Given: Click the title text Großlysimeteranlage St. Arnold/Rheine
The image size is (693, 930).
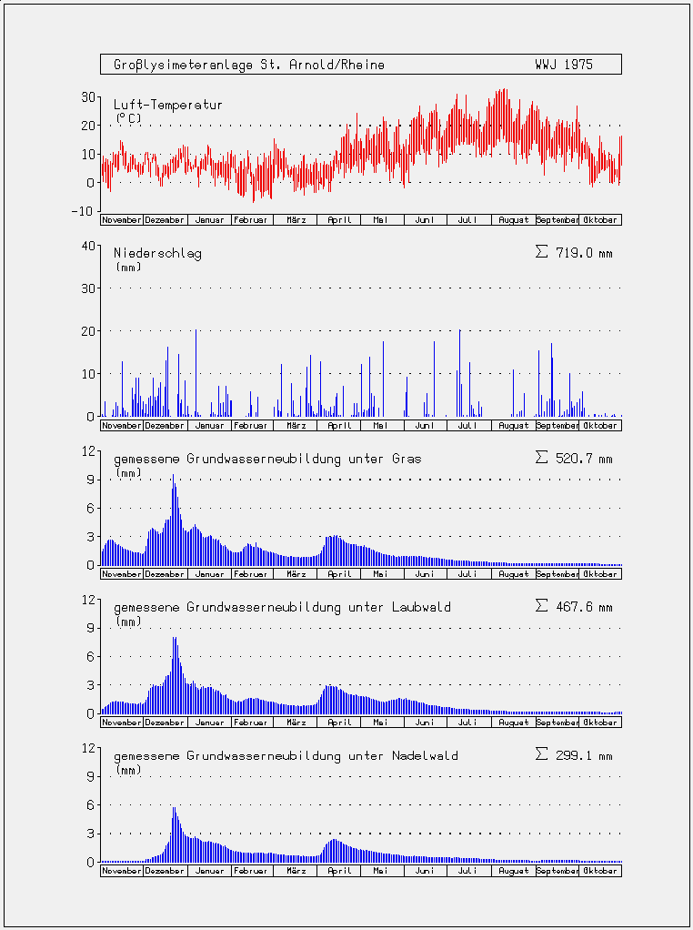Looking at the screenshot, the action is coord(249,65).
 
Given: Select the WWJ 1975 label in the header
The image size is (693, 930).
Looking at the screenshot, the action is coord(564,65).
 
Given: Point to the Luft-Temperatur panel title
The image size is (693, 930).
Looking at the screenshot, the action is coord(167,105).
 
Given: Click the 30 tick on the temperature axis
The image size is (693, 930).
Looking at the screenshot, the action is coord(87,96).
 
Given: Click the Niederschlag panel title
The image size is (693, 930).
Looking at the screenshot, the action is coord(157,254).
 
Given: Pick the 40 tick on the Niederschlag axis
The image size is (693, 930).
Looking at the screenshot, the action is coord(87,246).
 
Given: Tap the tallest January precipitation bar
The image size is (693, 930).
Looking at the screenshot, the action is coord(196,372).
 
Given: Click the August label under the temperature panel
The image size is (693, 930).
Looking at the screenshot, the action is coord(513,220).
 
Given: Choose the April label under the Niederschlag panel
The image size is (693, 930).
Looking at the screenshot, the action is coord(339,426).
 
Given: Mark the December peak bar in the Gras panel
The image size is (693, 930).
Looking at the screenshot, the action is coord(173,520).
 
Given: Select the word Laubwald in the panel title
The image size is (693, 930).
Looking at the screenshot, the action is coord(421,608).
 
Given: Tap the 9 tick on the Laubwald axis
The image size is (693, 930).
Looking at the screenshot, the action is coord(91,628).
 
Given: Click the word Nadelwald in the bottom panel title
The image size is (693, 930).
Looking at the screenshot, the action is coord(425,756).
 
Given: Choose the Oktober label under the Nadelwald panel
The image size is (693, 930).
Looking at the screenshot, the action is coord(600,871).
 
